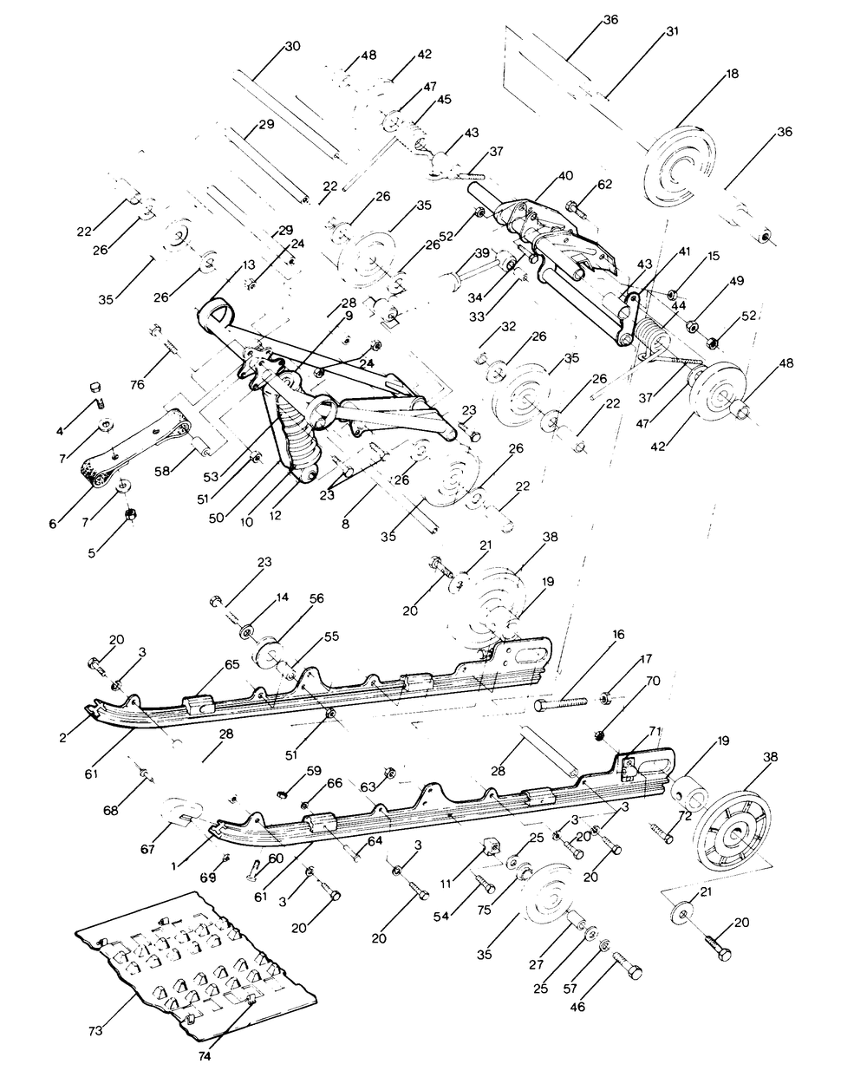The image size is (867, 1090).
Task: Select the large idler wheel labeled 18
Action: click(x=683, y=166)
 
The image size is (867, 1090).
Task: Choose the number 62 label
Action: click(x=604, y=184)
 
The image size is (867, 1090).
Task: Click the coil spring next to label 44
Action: click(x=656, y=330)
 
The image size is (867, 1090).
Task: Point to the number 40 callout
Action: click(x=565, y=175)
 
